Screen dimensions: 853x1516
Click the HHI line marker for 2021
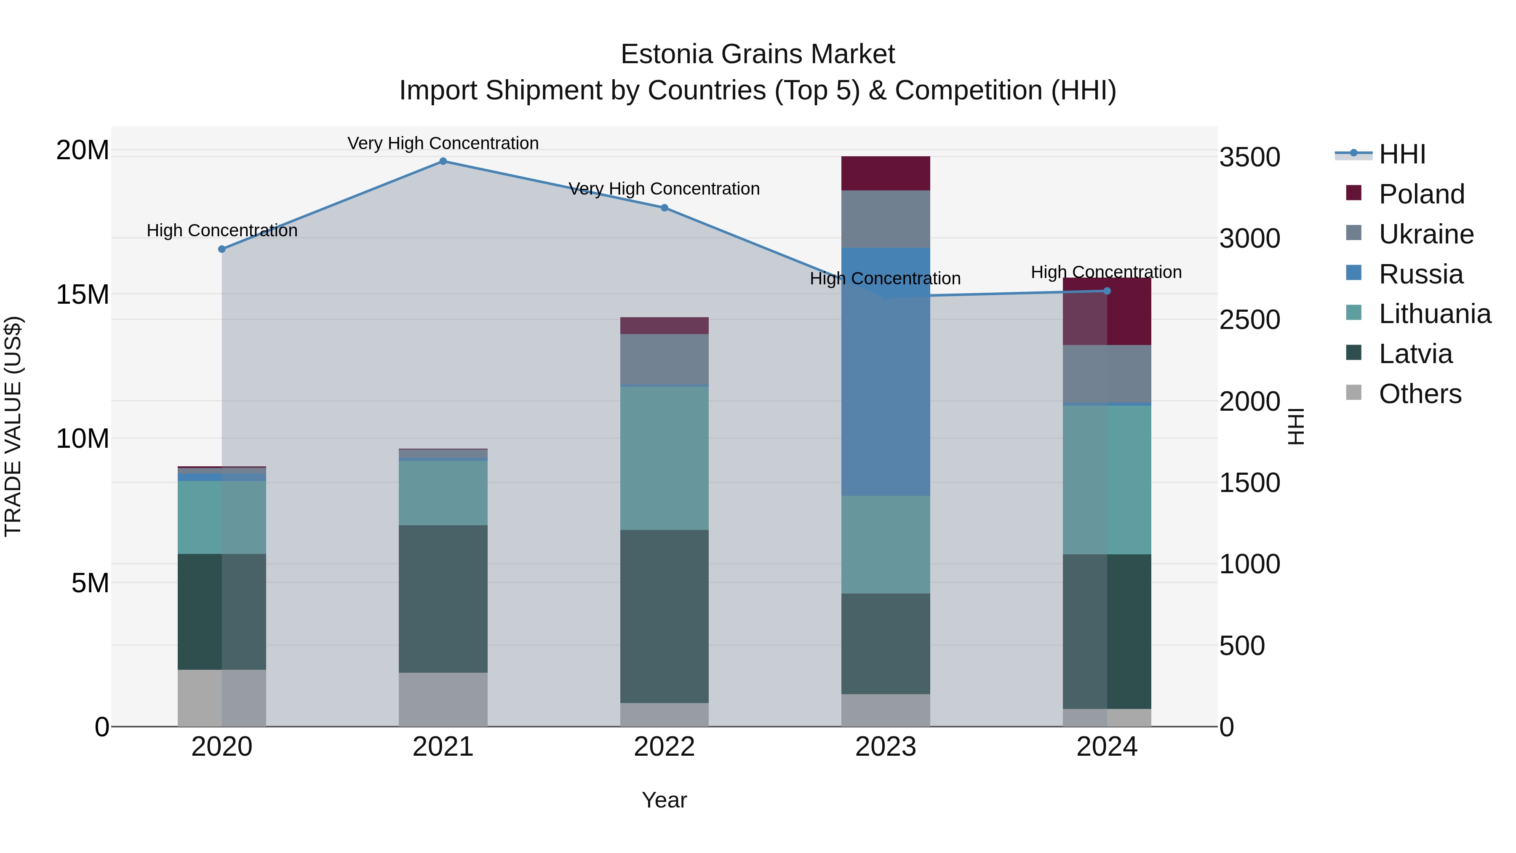point(443,161)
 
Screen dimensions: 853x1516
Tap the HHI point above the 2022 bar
point(665,208)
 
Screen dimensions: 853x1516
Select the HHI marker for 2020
point(222,249)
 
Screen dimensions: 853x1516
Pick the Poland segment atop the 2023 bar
point(886,173)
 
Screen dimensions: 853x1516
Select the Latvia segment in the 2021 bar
point(443,598)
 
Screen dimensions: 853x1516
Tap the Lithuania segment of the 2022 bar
point(665,458)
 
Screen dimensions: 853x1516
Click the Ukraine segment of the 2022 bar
point(665,359)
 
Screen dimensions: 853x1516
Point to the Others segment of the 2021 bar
point(443,699)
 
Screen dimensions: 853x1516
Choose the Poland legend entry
point(1421,194)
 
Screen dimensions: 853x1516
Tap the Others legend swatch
point(1353,393)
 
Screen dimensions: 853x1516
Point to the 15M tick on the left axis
point(83,294)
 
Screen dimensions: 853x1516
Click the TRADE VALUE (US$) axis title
point(13,426)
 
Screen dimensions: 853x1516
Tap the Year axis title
point(665,800)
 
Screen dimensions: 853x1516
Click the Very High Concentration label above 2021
point(443,143)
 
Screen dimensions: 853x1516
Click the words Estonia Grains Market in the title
point(758,54)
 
